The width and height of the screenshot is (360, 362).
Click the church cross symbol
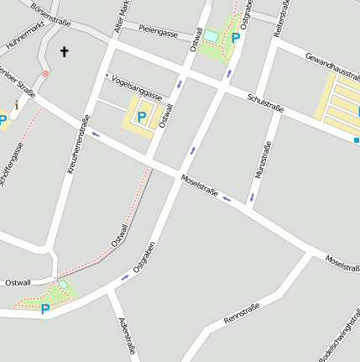[64, 52]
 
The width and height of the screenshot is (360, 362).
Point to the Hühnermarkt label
[24, 34]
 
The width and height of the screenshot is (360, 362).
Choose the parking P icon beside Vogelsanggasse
[142, 117]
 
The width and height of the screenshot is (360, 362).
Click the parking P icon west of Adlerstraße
[45, 309]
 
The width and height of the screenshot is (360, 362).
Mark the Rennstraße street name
[243, 314]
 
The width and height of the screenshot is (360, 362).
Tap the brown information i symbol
[17, 104]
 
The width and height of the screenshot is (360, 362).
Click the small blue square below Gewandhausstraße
[357, 139]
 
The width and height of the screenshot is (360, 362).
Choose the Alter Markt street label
[123, 16]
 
